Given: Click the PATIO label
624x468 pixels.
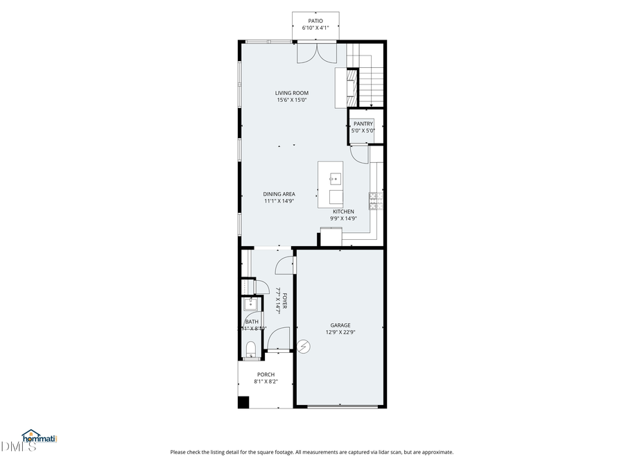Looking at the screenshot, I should click(315, 21).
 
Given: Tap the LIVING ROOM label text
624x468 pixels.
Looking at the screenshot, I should click(291, 93).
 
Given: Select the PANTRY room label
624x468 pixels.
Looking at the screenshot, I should click(363, 123).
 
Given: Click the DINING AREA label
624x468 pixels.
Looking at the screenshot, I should click(279, 194).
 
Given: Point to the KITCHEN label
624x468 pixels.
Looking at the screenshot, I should click(343, 211).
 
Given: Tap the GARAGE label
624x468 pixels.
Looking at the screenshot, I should click(340, 325).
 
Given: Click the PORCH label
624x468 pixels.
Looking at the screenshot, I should click(266, 374).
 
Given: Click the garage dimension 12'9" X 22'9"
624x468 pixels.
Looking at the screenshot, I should click(340, 332).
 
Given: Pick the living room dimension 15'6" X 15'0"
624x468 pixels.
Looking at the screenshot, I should click(291, 100).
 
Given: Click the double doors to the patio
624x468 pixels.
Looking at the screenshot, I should click(318, 53).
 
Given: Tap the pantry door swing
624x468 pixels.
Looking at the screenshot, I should click(359, 154).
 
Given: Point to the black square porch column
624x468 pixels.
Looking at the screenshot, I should click(243, 401).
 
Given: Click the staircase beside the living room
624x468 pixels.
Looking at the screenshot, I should click(371, 76).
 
